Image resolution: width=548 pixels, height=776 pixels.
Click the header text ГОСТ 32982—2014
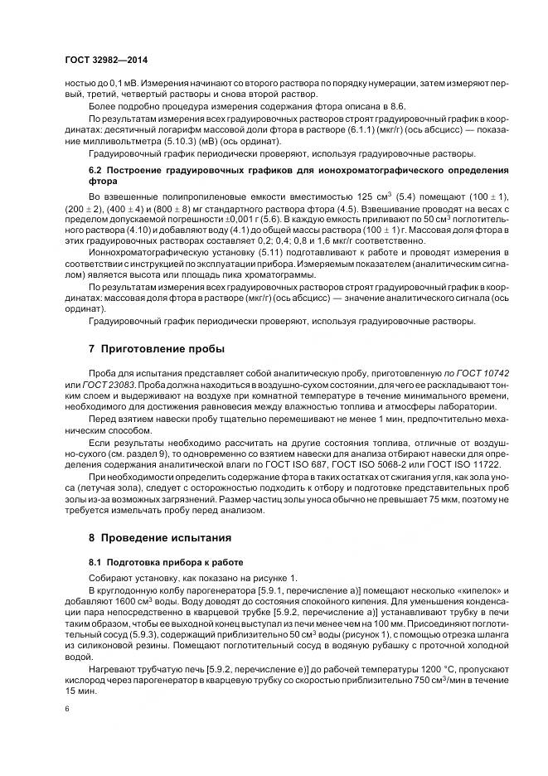(105, 61)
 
